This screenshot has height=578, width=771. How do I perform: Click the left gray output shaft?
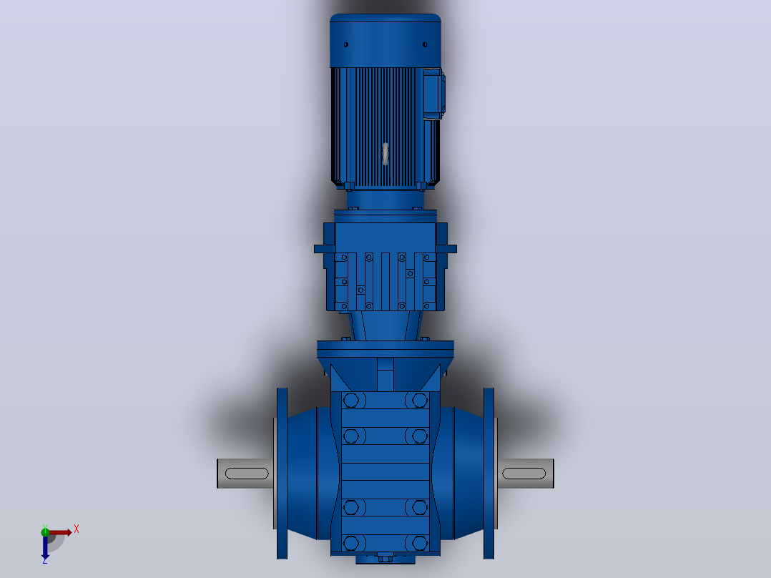pyautogui.click(x=245, y=474)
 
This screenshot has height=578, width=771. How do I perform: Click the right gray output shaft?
pyautogui.click(x=526, y=474)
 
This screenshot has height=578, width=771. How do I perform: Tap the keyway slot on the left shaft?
pyautogui.click(x=247, y=474)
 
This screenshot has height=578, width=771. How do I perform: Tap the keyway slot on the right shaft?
pyautogui.click(x=524, y=474)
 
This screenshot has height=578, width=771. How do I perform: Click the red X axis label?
pyautogui.click(x=77, y=529)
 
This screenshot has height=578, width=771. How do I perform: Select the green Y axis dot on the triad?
pyautogui.click(x=45, y=532)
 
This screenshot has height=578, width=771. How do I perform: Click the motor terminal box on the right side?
pyautogui.click(x=433, y=94)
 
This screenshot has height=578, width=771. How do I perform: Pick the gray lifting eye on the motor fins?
pyautogui.click(x=385, y=154)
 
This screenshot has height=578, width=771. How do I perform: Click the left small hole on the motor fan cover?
pyautogui.click(x=346, y=45)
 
